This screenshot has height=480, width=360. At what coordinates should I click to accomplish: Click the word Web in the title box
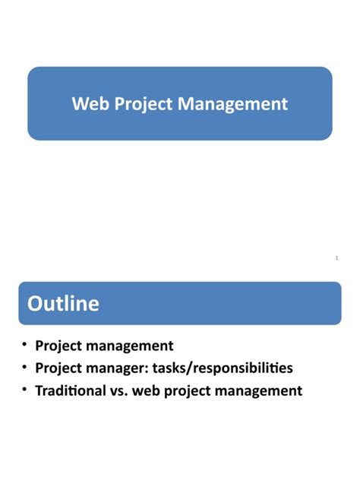tap(87, 103)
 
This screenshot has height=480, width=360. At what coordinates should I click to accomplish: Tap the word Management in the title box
tap(233, 104)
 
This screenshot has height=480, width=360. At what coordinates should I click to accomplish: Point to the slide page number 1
tap(336, 258)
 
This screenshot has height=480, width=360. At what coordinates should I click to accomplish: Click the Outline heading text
tap(63, 304)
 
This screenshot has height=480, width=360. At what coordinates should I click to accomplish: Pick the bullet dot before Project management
tap(25, 345)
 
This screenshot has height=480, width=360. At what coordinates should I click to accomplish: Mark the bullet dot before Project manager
tap(25, 368)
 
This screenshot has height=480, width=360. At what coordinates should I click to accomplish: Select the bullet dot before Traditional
tap(25, 390)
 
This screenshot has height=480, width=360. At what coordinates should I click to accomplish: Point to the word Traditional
tap(74, 391)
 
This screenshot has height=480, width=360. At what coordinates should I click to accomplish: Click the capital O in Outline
tap(36, 304)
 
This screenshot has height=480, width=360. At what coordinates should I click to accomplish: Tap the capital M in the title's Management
tap(185, 103)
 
